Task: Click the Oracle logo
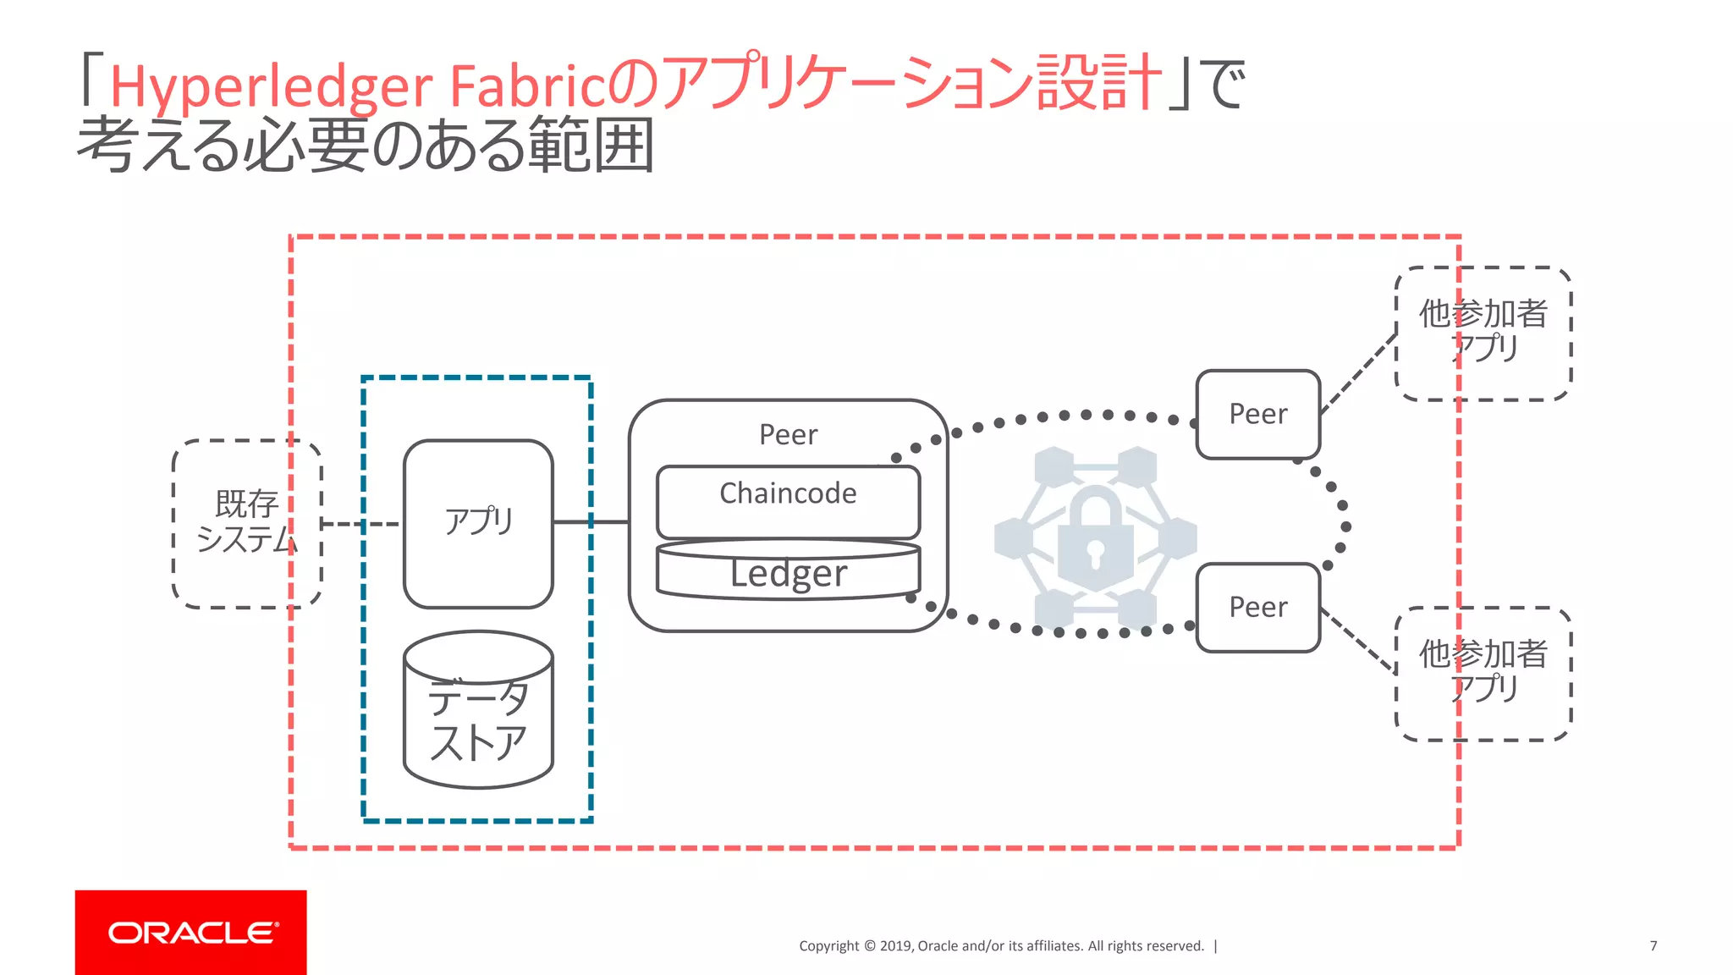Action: point(190,932)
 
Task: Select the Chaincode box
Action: point(788,501)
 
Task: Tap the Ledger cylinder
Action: point(788,573)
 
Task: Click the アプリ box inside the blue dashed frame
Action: point(478,523)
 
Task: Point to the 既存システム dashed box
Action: point(246,523)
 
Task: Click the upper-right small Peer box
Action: point(1257,414)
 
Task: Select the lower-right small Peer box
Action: point(1257,607)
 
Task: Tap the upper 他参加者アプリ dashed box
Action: point(1483,333)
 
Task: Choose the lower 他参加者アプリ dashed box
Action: point(1483,673)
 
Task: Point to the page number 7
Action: point(1653,945)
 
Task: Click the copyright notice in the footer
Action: point(1001,945)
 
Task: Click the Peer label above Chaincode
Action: point(788,434)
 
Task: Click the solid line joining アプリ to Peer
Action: point(591,522)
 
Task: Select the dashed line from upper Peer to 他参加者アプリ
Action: point(1358,373)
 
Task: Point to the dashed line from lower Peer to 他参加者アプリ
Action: point(1358,639)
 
